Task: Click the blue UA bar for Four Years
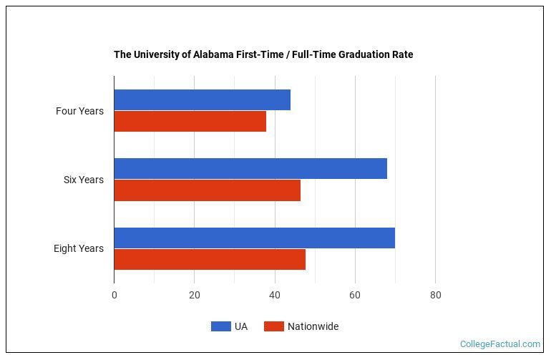point(202,99)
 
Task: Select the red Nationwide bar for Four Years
point(190,122)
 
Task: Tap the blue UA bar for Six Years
point(250,168)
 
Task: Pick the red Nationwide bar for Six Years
point(207,190)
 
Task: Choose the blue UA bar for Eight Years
point(254,238)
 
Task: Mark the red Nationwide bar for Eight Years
point(210,259)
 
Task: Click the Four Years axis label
point(79,111)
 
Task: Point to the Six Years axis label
point(83,180)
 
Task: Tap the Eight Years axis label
point(79,248)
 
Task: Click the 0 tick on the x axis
point(114,295)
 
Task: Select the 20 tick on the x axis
point(194,295)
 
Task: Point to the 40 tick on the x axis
point(275,295)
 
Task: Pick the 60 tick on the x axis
point(355,295)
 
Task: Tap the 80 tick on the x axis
point(435,295)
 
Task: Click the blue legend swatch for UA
point(220,326)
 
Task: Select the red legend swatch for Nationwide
point(274,326)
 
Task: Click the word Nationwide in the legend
point(313,326)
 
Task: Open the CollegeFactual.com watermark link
point(499,344)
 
